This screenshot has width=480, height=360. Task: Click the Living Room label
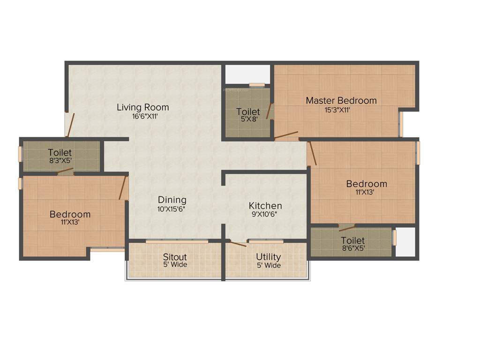coord(142,107)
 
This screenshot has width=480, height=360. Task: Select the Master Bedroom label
coord(341,100)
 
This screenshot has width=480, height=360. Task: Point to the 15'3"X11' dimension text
coord(337,110)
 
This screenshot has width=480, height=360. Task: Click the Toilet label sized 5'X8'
coord(248,112)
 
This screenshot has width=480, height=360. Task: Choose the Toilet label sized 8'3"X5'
coord(60,153)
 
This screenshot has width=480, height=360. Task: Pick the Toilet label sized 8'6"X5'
coord(353,240)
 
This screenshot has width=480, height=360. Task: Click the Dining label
coord(172,200)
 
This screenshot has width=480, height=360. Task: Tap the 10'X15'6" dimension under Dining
coord(172,210)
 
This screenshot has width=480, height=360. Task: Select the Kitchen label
coord(265,206)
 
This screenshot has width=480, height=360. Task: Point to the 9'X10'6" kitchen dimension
coord(265,215)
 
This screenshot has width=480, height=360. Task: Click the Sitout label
coord(175,257)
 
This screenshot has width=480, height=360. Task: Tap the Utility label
coord(268,257)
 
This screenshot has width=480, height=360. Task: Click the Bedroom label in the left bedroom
coord(70,215)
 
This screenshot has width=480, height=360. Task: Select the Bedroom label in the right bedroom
coord(367,184)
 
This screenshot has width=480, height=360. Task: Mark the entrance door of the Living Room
coord(69,125)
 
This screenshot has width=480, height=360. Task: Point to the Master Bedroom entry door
coord(286,136)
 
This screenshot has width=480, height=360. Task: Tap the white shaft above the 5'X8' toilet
coord(247,74)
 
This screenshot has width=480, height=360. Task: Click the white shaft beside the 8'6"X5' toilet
coord(405,242)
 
